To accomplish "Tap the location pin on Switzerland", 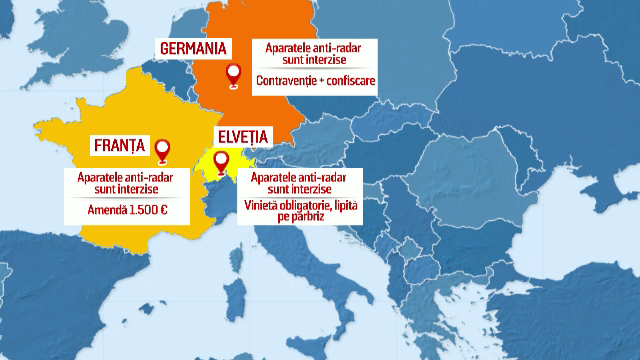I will [221, 163].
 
